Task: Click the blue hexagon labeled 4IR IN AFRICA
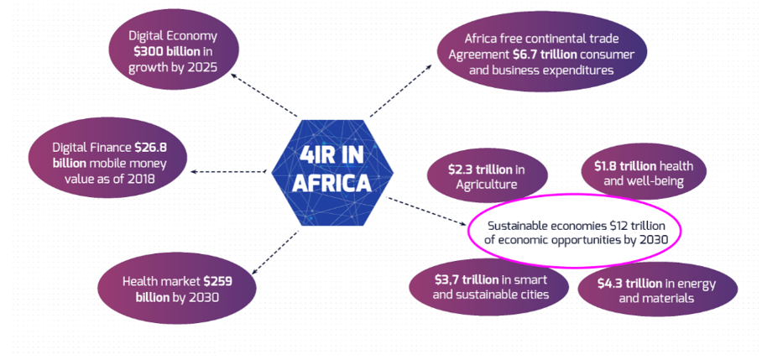[332, 173]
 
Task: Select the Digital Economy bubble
[173, 51]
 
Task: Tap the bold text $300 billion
[164, 51]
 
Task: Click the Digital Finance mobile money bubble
[108, 162]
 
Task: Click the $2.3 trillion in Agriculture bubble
[487, 176]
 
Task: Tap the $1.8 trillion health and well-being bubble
[644, 174]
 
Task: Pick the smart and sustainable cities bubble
[489, 287]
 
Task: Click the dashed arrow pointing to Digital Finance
[228, 171]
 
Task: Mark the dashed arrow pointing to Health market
[274, 252]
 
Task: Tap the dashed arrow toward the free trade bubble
[400, 91]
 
